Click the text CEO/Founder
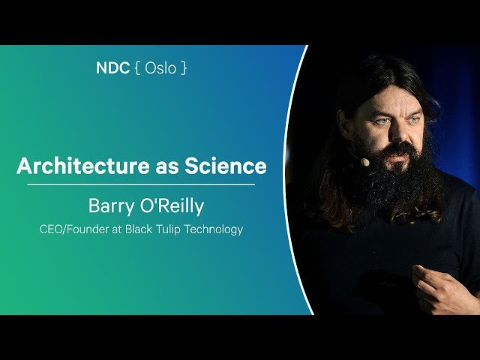coord(72,229)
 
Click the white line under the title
coord(141,184)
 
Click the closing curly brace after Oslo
coord(184,68)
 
